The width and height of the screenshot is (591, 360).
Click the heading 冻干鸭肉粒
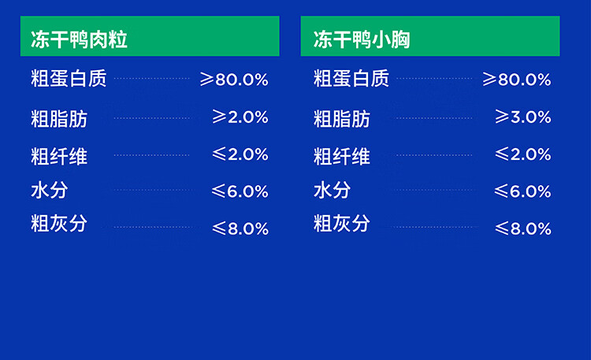pos(79,39)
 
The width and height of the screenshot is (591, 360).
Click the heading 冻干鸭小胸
pos(362,39)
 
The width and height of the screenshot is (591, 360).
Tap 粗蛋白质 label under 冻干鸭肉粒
pos(69,79)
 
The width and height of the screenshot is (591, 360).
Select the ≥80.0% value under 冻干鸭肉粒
pos(234,80)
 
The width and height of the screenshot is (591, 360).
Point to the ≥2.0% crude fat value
pos(240,117)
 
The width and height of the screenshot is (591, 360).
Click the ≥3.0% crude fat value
pos(522,117)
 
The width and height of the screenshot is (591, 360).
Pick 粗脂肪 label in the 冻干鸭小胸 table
pos(342,119)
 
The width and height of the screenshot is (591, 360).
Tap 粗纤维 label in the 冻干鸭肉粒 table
pos(59,157)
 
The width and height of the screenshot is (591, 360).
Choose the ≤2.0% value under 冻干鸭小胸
pos(522,154)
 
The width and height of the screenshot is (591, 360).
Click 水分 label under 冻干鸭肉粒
pos(50,190)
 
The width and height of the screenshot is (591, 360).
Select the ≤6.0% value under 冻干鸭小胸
pos(522,191)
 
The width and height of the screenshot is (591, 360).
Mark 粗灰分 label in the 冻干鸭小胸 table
pos(342,223)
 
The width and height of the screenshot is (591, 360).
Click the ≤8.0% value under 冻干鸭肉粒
pos(240,228)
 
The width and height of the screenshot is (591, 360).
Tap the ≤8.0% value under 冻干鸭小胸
pos(522,228)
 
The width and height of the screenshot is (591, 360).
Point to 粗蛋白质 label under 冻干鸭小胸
pos(351,79)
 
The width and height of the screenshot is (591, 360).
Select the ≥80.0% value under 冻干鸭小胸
pos(517,80)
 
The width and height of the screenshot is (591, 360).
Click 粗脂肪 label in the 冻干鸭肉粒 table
pos(59,119)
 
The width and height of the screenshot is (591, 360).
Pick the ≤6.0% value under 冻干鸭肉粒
pos(240,191)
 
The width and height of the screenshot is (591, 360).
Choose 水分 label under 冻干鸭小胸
pos(332,190)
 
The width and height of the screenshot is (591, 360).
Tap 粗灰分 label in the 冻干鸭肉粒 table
pos(59,223)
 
